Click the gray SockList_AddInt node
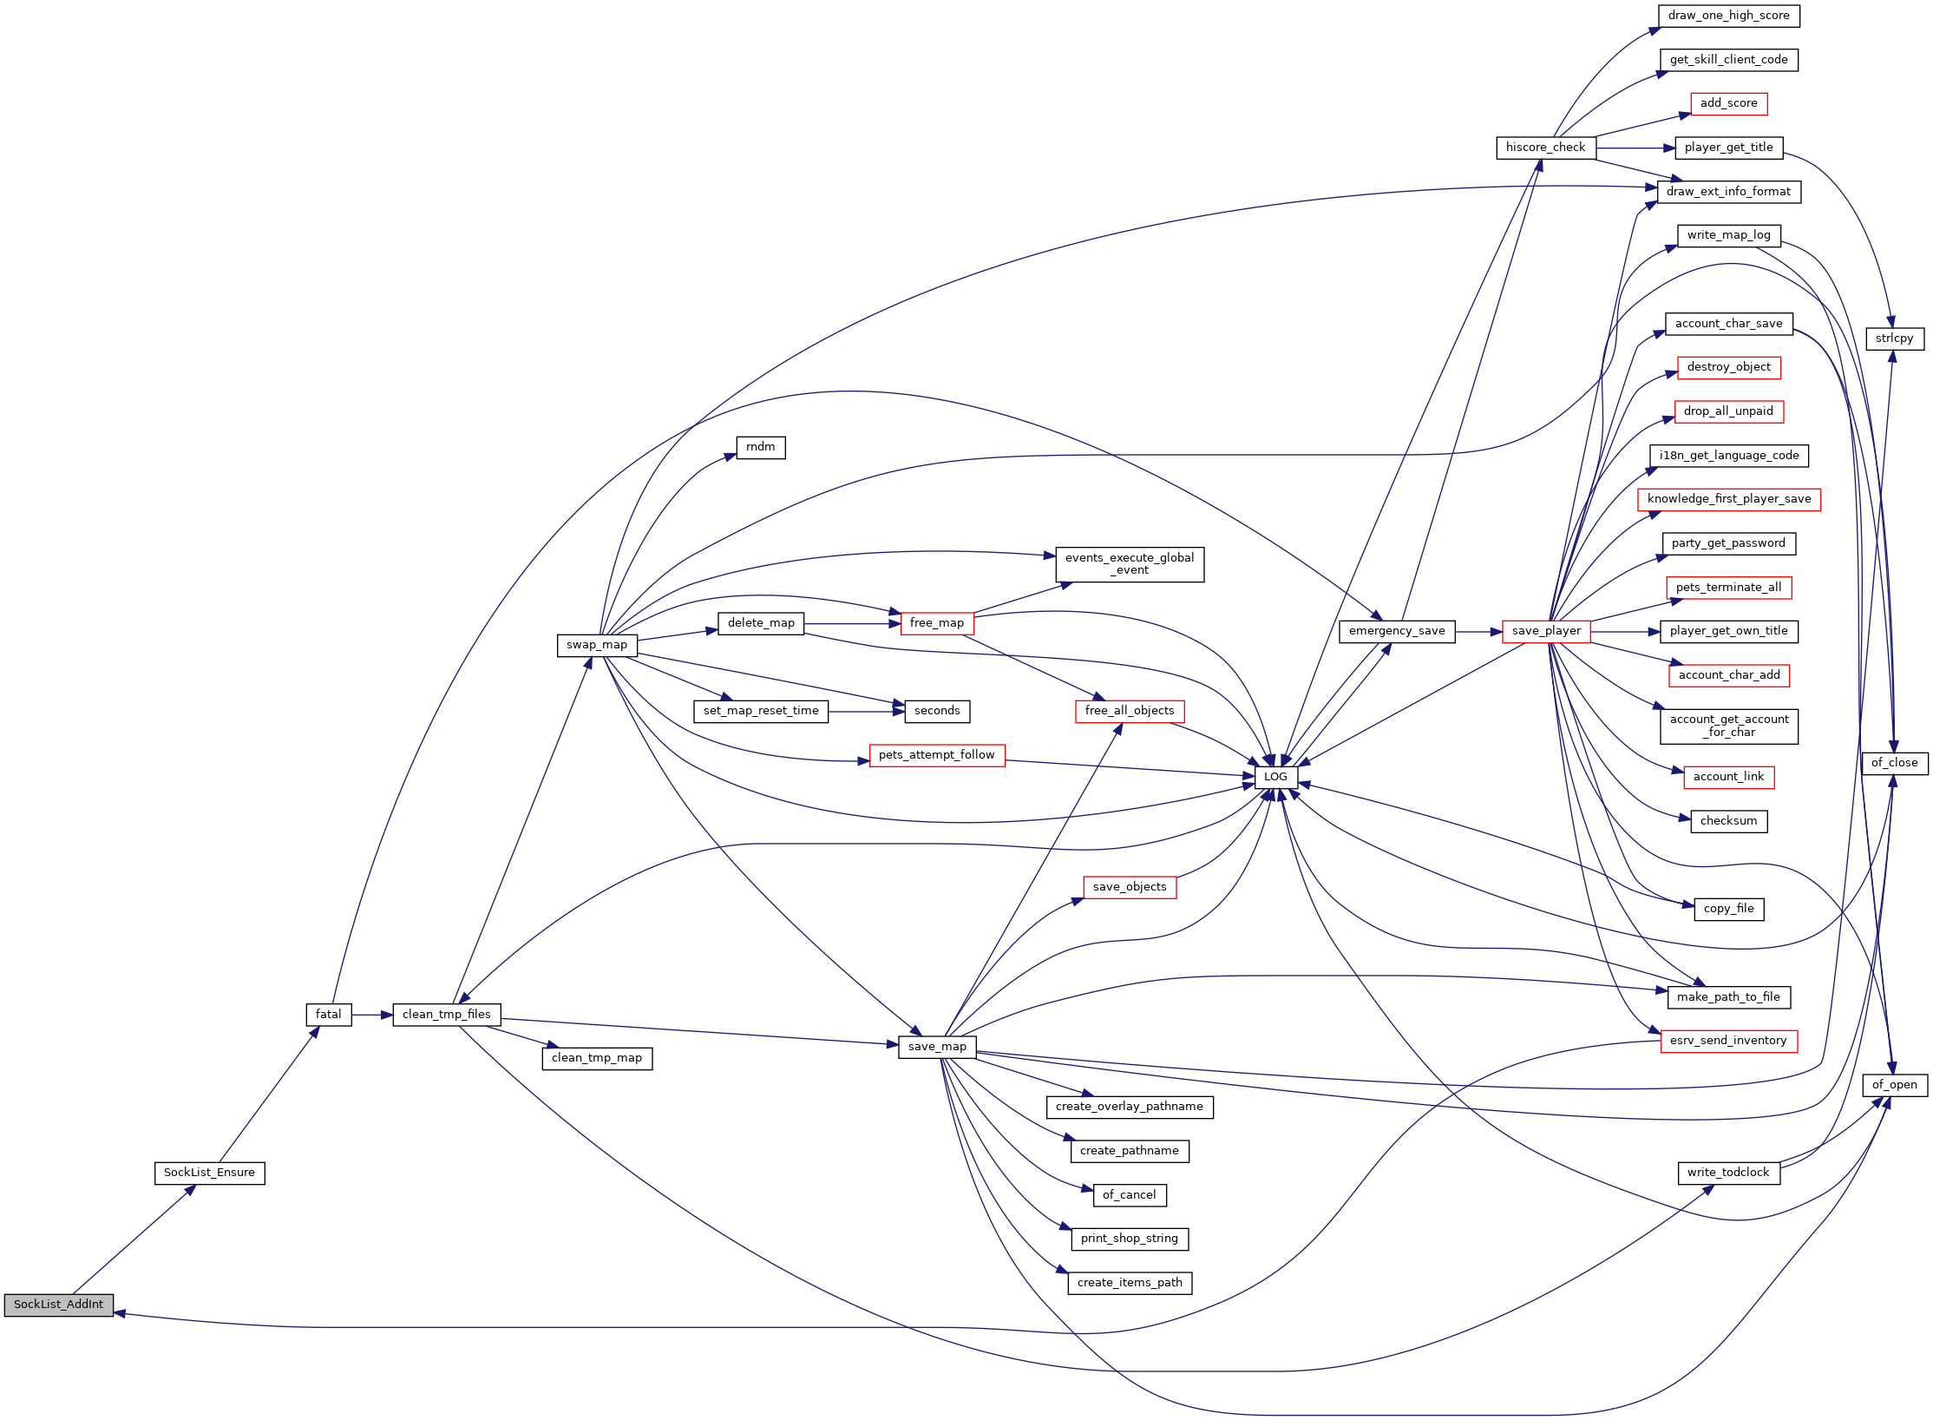coord(59,1305)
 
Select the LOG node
coord(1275,777)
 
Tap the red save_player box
coord(1546,631)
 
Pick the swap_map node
coord(597,645)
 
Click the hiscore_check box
coord(1546,148)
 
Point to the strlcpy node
coord(1895,339)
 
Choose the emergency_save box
coord(1397,631)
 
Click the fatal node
coord(329,1015)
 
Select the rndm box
coord(761,447)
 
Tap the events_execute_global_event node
coord(1130,564)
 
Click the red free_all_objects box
coord(1130,711)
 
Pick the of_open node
coord(1895,1085)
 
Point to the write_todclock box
coord(1728,1173)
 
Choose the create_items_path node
coord(1130,1283)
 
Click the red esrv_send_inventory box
coord(1728,1041)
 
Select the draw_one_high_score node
coord(1728,16)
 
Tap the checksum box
coord(1728,821)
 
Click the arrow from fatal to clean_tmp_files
coord(372,1015)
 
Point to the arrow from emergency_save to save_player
coord(1478,632)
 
